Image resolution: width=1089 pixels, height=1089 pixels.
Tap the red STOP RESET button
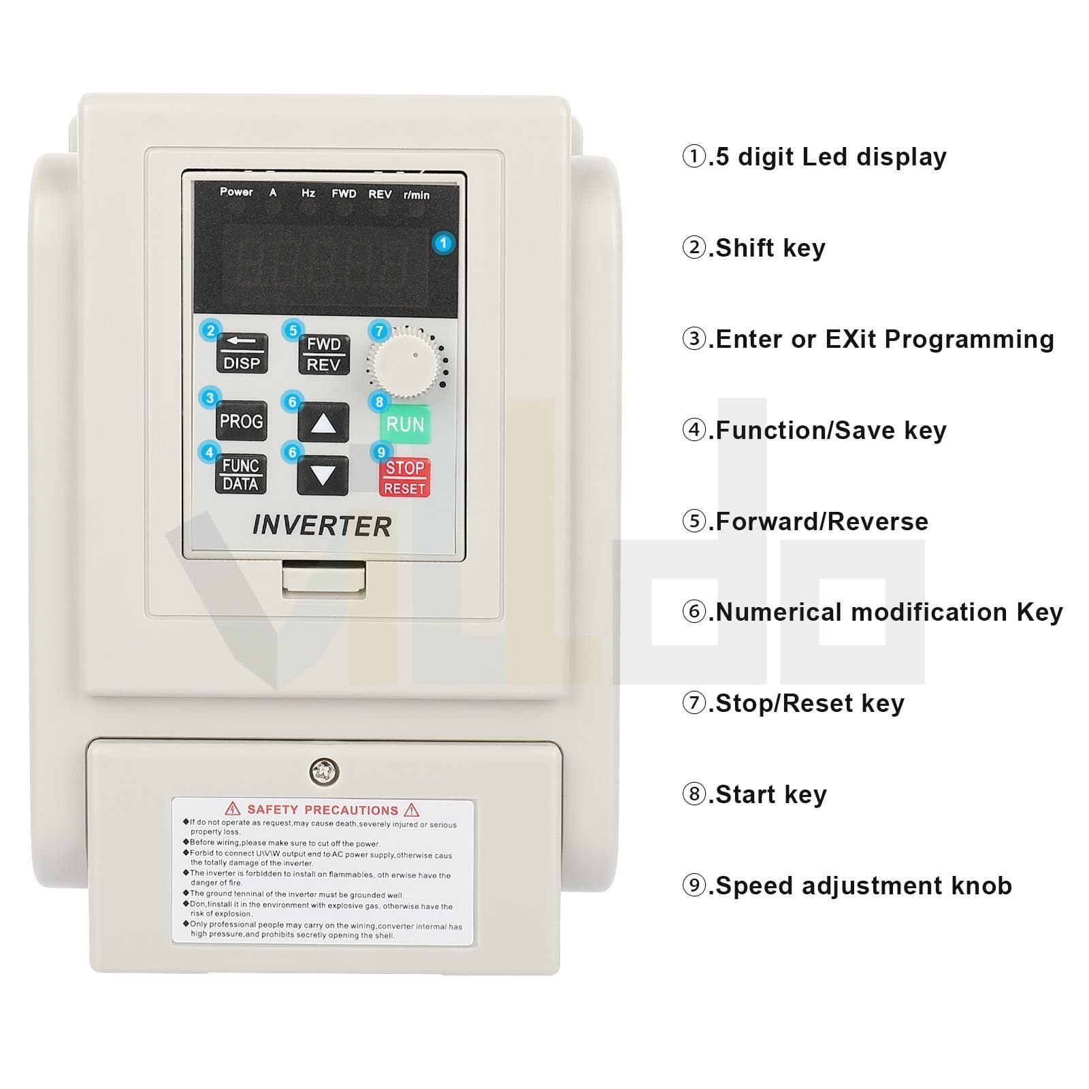click(x=404, y=477)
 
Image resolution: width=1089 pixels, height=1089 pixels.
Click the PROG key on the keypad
click(x=241, y=421)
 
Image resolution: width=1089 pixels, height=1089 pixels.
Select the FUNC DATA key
click(x=241, y=474)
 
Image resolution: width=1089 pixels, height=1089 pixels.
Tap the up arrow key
click(x=323, y=423)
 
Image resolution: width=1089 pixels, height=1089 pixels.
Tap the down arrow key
click(x=323, y=475)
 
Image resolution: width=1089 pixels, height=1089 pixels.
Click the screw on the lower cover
click(x=324, y=772)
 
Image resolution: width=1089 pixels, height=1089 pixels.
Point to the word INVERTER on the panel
click(x=322, y=526)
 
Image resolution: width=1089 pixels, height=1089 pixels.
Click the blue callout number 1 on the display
click(x=443, y=243)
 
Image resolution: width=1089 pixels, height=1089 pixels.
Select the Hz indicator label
click(x=308, y=193)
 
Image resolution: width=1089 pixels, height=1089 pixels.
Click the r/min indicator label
click(x=417, y=195)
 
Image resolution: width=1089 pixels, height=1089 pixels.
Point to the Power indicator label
click(x=236, y=192)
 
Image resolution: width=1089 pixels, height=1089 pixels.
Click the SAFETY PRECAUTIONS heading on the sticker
click(x=323, y=810)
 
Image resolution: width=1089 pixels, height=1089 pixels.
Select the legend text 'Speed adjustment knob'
click(x=863, y=885)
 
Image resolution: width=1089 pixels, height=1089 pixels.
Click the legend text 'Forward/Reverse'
click(x=822, y=521)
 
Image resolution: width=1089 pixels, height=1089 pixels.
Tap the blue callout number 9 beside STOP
click(x=380, y=452)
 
